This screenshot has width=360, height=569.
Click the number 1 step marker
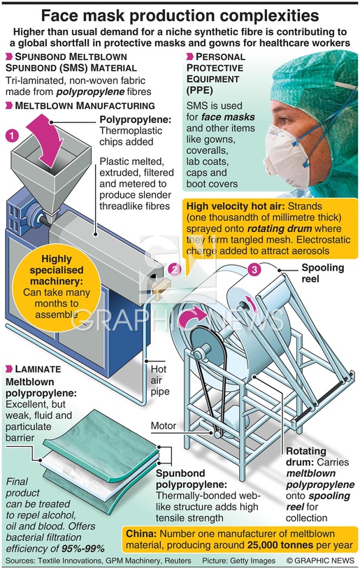coord(12,136)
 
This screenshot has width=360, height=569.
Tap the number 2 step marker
coord(175,270)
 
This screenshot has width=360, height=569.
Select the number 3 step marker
coord(254,270)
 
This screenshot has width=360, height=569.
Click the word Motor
coord(164,426)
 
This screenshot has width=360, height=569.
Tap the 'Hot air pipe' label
coord(159,380)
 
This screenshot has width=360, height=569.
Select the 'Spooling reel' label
coord(323,273)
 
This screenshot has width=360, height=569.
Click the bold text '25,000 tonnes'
coord(280,545)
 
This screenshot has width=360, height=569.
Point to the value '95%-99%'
coord(83,548)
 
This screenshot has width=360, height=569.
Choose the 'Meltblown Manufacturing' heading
coord(80,106)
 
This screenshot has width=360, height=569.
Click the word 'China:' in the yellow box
coord(141,534)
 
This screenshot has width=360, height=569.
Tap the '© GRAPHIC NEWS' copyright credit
coord(320,561)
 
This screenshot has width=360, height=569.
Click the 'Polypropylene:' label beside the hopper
coord(136,120)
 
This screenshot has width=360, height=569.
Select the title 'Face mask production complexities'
coord(180,15)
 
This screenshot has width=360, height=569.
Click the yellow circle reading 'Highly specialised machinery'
coord(56,287)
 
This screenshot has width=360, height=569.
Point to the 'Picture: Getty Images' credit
coord(239,561)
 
